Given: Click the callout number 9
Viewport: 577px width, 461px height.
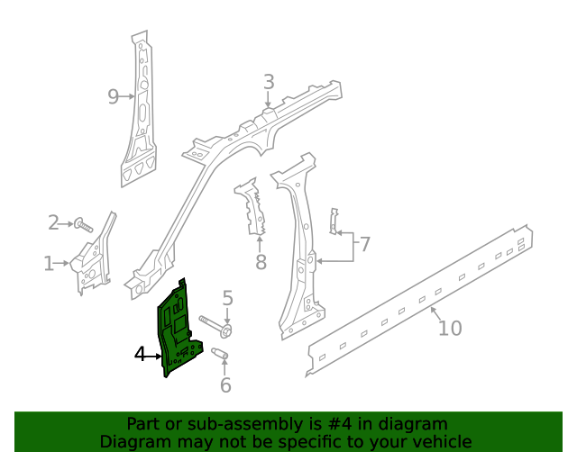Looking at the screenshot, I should point(114,96).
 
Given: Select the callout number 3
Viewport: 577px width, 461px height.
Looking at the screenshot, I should point(269,83).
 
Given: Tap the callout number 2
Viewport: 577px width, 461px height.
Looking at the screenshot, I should point(53,222).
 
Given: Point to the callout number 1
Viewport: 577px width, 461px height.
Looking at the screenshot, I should point(48,263).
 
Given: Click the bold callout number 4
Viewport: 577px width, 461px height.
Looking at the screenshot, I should point(140,355).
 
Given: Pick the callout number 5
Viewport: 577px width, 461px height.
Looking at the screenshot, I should point(228,298).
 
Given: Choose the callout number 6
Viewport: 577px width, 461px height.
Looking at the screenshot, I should point(225,385).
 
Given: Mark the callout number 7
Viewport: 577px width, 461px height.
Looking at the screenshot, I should point(364,244).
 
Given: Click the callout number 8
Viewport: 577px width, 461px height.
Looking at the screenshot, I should point(261,263).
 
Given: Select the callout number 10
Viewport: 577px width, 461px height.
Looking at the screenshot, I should point(449,328).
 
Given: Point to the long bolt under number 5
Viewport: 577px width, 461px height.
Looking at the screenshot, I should point(215,325).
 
